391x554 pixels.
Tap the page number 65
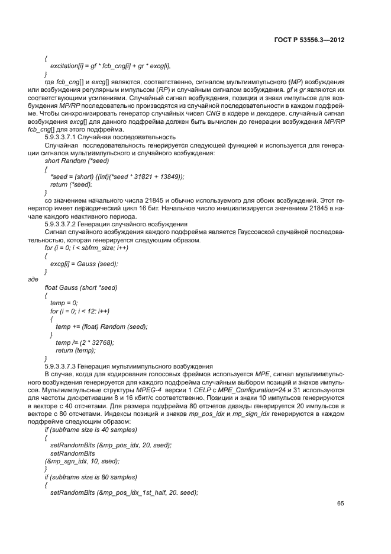coord(340,504)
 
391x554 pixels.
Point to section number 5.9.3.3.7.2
coord(66,225)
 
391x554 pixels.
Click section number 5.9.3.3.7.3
coord(66,366)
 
